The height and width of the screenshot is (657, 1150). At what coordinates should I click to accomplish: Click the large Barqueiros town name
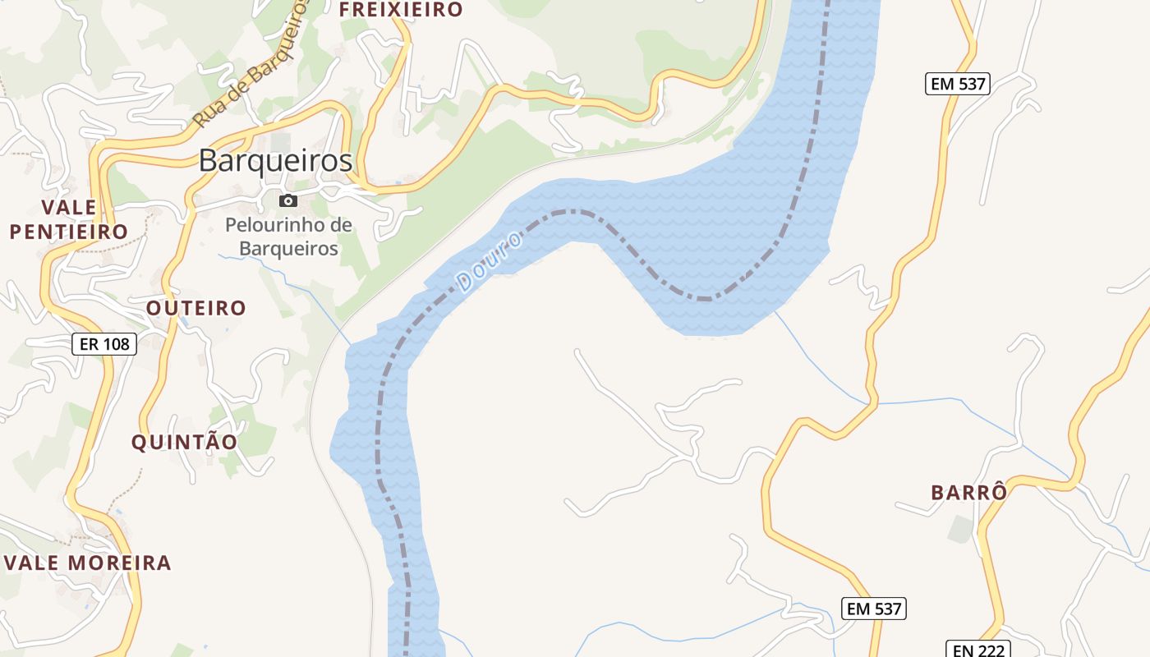click(276, 161)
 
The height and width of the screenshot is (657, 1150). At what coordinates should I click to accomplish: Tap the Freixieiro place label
click(401, 10)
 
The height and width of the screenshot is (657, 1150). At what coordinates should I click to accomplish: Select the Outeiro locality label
click(196, 308)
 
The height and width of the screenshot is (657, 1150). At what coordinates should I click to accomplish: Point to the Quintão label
click(185, 442)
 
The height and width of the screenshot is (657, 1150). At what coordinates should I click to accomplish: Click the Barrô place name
click(968, 493)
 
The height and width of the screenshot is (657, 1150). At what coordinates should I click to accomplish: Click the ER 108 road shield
click(104, 344)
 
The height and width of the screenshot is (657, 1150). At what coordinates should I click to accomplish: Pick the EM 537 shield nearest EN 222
click(873, 609)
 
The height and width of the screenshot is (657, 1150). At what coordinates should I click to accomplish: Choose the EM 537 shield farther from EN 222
click(957, 83)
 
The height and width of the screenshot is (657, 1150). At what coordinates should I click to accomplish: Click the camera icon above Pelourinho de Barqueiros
click(287, 200)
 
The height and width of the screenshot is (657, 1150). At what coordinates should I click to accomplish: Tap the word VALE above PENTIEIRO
click(69, 207)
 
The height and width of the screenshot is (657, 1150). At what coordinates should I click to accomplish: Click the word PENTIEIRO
click(69, 232)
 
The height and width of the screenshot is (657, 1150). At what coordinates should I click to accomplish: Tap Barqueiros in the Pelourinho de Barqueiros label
click(288, 248)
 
